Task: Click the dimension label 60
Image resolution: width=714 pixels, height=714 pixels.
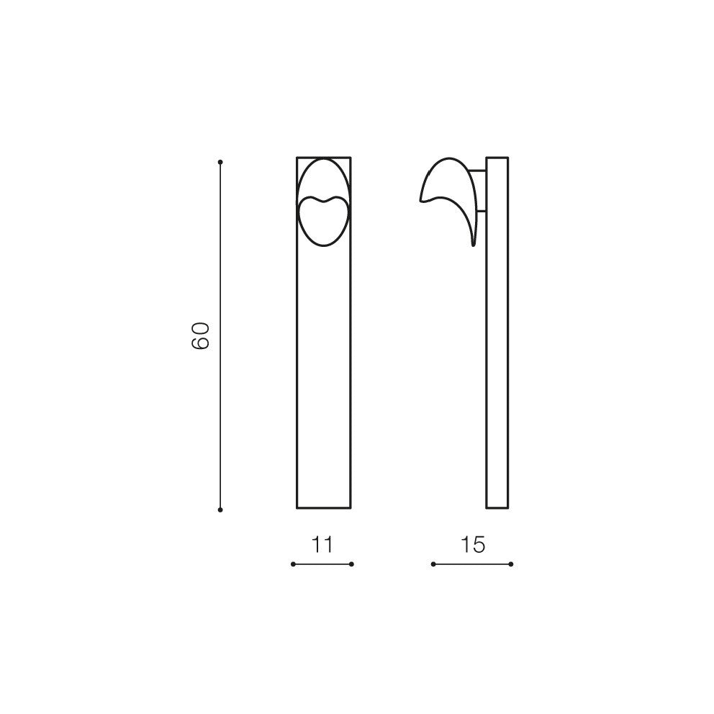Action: coord(200,335)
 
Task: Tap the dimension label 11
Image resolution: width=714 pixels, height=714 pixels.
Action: coord(322,545)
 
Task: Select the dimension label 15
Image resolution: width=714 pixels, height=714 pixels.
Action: coord(473,545)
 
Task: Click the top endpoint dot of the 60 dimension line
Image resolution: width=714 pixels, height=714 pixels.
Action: coord(220,162)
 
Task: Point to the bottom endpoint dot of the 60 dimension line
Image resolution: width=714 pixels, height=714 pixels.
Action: coord(220,510)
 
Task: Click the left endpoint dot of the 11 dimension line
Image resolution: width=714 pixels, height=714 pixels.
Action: coord(293,564)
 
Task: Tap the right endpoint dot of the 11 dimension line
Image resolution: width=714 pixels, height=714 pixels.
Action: coord(351,564)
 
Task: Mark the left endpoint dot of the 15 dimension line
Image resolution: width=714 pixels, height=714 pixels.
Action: coord(433,564)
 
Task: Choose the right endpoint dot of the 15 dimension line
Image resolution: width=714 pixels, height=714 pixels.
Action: coord(511,564)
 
